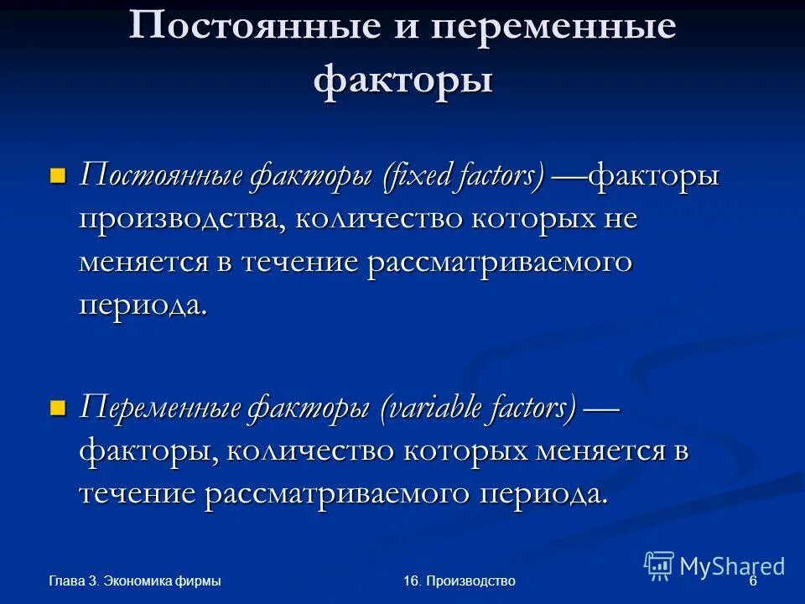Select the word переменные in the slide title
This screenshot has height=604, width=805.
(x=553, y=27)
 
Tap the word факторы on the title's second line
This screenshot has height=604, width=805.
(x=402, y=81)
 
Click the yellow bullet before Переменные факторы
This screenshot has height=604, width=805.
(x=57, y=409)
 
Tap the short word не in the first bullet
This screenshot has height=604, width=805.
(x=620, y=220)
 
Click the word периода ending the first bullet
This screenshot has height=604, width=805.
(x=142, y=305)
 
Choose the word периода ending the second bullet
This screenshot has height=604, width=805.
(x=543, y=493)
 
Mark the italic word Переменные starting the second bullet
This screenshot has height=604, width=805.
(x=158, y=409)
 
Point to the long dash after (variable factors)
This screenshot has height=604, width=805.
(x=601, y=409)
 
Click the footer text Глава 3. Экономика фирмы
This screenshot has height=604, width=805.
(x=134, y=581)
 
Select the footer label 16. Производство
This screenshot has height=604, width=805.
(x=459, y=581)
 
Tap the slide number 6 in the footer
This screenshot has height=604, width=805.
(x=752, y=581)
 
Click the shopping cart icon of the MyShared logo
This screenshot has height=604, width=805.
(x=659, y=566)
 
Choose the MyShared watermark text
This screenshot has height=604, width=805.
(x=732, y=566)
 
